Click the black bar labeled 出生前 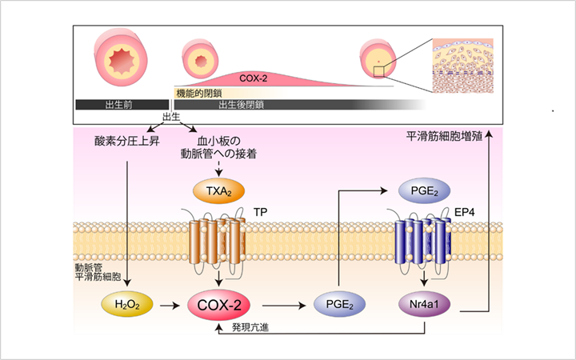click(x=120, y=105)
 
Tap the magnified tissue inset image click(x=465, y=67)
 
